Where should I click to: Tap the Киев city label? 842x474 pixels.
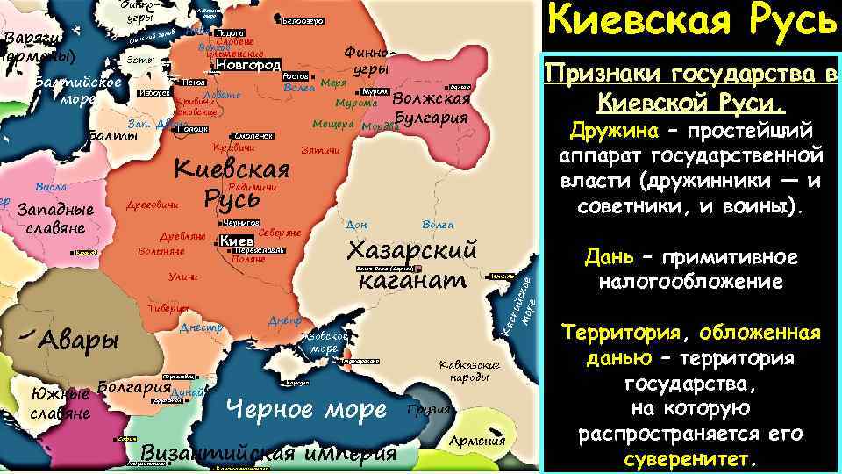tap(236, 241)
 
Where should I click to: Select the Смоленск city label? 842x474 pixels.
tap(255, 136)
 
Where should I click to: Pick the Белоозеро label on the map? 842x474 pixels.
tap(306, 20)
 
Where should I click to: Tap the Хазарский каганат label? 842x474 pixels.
tap(412, 263)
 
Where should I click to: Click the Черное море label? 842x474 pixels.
tap(306, 408)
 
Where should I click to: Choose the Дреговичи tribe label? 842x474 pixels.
tap(153, 205)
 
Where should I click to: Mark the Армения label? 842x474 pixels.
tap(477, 441)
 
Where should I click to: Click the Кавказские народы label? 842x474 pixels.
tap(469, 370)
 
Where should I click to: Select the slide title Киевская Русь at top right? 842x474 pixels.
tap(690, 21)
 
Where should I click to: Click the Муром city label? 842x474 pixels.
tap(374, 91)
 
